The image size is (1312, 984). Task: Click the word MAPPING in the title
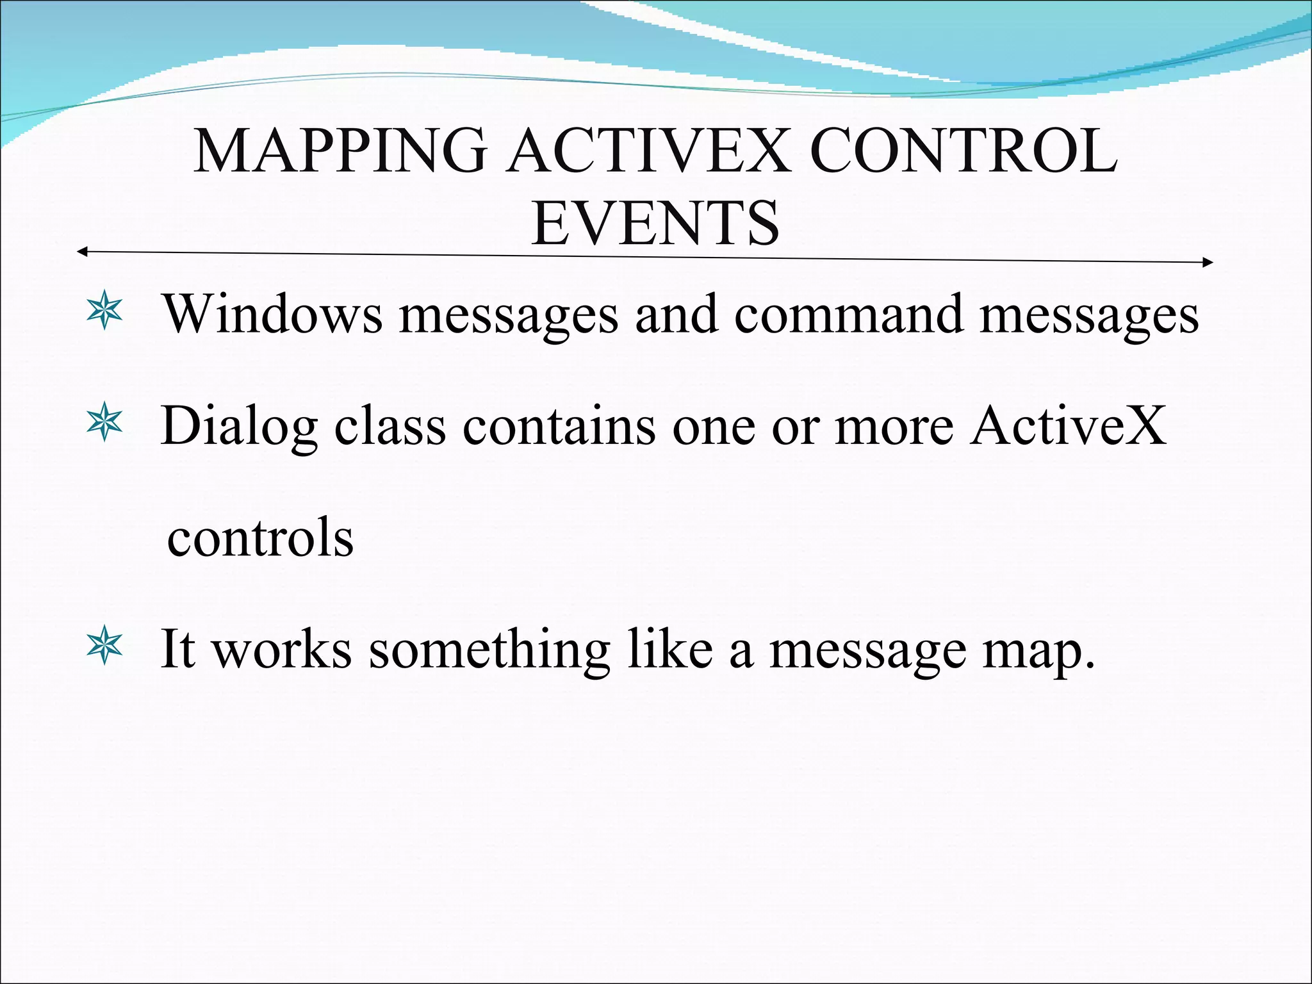[340, 152]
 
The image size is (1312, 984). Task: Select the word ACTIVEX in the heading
[647, 152]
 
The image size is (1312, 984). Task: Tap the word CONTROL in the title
[964, 152]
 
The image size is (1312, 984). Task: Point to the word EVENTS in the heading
[655, 224]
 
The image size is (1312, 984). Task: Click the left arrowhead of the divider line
[81, 252]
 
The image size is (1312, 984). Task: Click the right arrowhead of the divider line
[1208, 262]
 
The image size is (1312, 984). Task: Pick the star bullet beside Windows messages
[104, 313]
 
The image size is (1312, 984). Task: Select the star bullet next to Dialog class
[104, 424]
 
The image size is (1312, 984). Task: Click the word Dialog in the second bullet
[239, 426]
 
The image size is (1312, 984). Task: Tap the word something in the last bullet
[489, 650]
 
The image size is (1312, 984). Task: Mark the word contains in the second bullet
[559, 426]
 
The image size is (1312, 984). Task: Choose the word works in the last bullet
[282, 650]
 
